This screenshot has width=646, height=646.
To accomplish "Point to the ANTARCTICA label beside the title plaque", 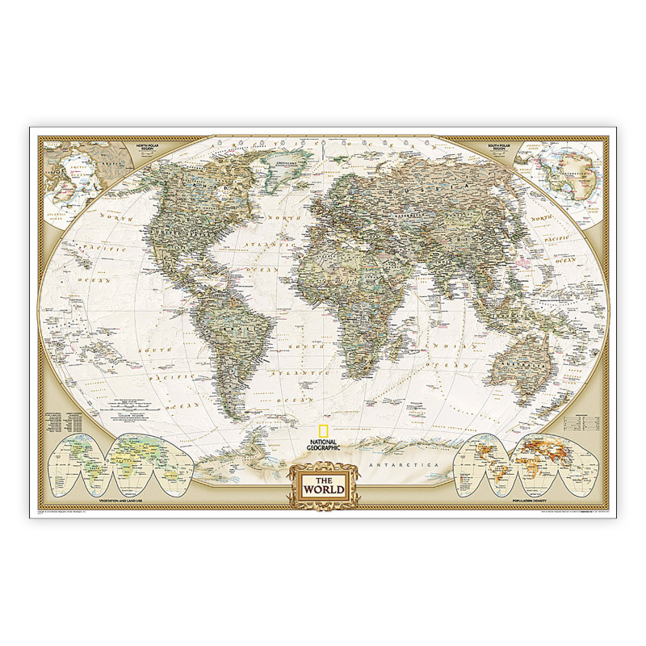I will click(401, 468).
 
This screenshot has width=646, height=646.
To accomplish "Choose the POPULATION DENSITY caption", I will click(533, 502).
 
